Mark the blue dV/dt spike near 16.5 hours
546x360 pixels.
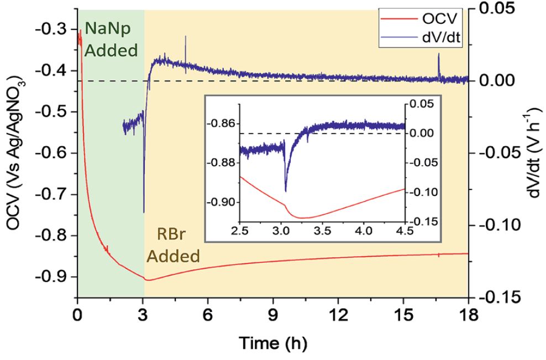(439, 55)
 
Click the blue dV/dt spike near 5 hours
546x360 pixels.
(186, 38)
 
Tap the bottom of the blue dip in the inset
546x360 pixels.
(286, 191)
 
